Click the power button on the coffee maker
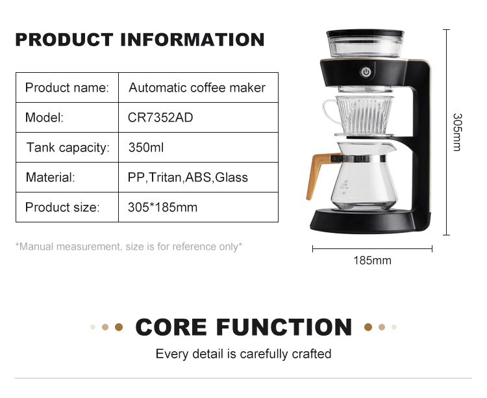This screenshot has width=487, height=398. click(x=366, y=72)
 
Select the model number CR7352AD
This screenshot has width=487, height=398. click(x=160, y=118)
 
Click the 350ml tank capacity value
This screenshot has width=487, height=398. click(x=146, y=148)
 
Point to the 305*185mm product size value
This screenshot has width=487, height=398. click(x=162, y=207)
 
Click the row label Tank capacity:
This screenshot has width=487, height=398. click(x=68, y=148)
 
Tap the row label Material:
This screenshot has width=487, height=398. click(x=50, y=178)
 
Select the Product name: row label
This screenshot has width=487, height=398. click(x=67, y=88)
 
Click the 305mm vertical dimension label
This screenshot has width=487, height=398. click(x=457, y=132)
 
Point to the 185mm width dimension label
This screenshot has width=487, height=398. click(x=373, y=261)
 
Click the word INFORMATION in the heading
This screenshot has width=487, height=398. click(x=192, y=40)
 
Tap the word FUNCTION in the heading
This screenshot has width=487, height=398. click(x=284, y=327)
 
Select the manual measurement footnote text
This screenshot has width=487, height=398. click(x=129, y=246)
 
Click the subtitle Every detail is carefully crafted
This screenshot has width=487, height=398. click(x=243, y=354)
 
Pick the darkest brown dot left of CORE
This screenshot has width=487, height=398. click(x=119, y=327)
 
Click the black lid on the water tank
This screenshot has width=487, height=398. click(x=365, y=33)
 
